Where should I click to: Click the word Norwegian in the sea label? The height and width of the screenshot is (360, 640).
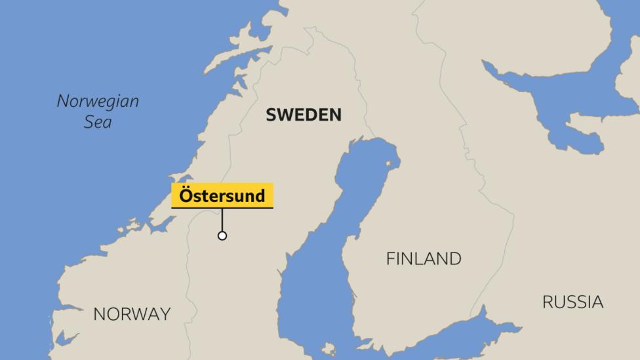coord(98,101)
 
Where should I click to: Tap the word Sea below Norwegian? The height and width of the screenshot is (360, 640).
coord(98,122)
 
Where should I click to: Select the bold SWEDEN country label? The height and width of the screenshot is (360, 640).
coord(304,115)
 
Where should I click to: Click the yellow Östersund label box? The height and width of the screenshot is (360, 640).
coord(222,195)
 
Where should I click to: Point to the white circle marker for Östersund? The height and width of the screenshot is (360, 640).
coord(222,235)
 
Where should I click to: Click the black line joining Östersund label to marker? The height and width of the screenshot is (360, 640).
coord(222,220)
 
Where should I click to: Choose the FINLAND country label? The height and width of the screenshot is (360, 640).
coord(424,258)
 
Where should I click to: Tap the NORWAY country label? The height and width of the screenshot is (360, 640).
coord(132,314)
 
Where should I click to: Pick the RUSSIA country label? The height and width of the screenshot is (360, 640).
coord(572,302)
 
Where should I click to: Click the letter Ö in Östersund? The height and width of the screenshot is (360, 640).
coord(185,195)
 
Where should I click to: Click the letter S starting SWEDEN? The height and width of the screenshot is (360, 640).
coord(270,115)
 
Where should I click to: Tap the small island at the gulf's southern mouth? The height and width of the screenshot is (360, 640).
coord(328,348)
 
